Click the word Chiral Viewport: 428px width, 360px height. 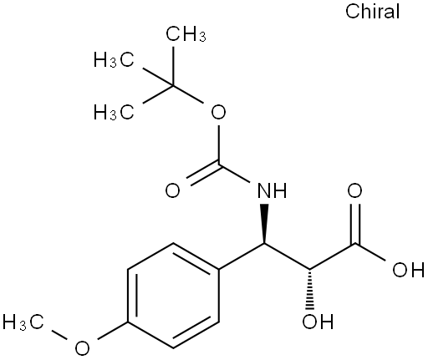pos(372,12)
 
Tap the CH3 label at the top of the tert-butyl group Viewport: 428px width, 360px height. pos(186,34)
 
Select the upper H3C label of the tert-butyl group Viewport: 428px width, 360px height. pos(114,59)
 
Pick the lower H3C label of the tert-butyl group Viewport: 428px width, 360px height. pos(114,112)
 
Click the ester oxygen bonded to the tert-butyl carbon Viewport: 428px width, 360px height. pos(218,112)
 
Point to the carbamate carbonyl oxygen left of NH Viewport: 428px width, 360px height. pos(173,190)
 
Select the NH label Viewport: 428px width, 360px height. pos(272,190)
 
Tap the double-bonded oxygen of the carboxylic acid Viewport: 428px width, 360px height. pos(354,190)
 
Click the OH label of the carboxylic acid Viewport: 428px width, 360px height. pos(409,269)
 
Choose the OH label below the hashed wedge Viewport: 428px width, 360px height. pos(318,322)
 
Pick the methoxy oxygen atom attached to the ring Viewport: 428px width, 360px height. pos(82,347)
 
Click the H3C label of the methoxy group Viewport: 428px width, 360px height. pos(23,322)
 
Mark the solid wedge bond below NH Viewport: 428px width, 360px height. pos(264,224)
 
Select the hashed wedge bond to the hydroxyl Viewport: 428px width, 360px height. pos(309,289)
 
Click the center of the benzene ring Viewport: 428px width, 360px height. pos(173,296)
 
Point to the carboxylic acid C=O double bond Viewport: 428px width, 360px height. pos(355,224)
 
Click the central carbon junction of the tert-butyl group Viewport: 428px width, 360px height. pos(173,86)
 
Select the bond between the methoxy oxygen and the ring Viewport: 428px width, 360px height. pos(112,331)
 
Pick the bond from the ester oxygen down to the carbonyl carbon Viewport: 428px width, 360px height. pos(219,145)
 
